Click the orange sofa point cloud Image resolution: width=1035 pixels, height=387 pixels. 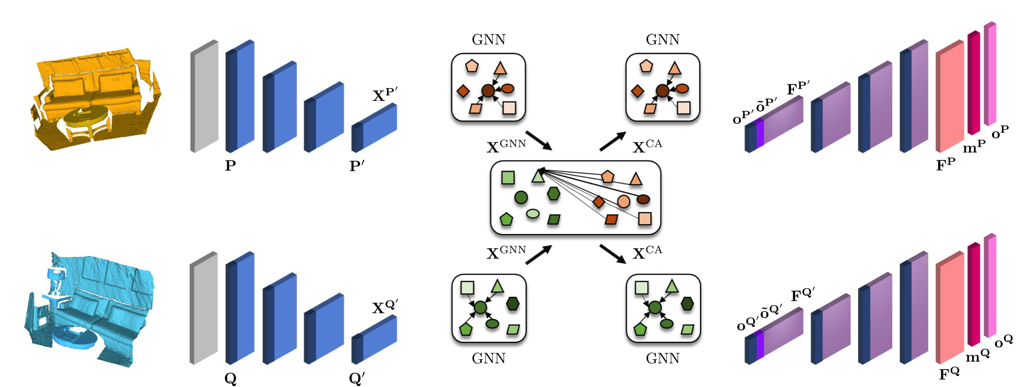98,97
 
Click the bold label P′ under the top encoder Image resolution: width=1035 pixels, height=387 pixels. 357,166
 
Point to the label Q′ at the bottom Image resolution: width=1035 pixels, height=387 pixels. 357,378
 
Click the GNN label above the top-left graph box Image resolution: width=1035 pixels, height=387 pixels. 488,39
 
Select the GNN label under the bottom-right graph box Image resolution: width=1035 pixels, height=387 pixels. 662,359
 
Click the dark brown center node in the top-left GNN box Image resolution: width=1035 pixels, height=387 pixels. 488,91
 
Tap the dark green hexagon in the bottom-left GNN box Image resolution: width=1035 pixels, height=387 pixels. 512,304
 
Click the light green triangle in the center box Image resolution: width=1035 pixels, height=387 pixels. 537,176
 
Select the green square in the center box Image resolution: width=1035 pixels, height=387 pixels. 508,177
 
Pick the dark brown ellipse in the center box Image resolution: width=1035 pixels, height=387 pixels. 643,199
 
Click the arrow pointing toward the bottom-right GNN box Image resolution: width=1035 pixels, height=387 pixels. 613,253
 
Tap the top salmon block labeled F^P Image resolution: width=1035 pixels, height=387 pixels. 950,97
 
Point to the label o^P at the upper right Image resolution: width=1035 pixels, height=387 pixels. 1000,132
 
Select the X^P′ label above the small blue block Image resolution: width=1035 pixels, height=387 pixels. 385,94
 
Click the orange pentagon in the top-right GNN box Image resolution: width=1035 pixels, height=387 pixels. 646,66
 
